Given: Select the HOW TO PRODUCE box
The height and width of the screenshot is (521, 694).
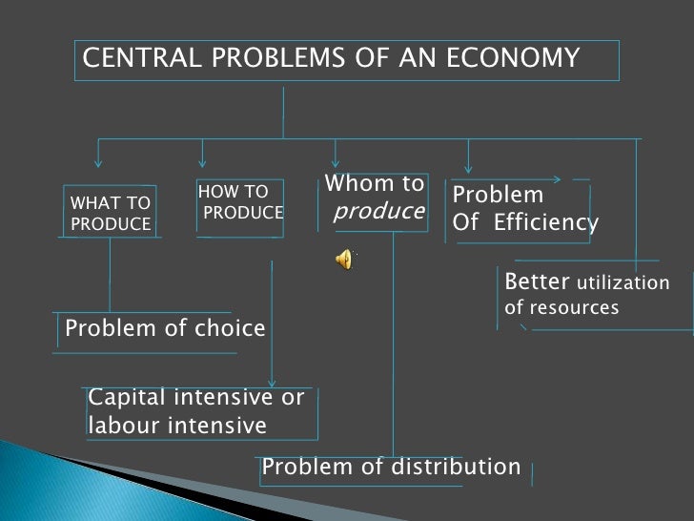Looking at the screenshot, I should click(x=241, y=203).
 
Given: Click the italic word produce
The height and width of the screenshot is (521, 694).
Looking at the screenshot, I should click(x=378, y=211).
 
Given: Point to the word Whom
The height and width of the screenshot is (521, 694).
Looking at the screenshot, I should click(x=351, y=183).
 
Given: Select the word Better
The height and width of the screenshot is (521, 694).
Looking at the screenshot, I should click(x=538, y=282).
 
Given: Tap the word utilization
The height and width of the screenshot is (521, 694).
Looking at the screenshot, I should click(x=623, y=283).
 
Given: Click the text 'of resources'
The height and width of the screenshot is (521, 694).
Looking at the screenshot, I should click(x=561, y=308).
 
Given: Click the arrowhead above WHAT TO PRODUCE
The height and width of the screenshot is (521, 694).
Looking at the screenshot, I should click(x=99, y=163).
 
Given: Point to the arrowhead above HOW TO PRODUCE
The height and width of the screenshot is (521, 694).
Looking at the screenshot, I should click(x=202, y=163).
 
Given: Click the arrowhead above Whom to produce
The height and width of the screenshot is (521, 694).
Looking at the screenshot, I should click(x=336, y=163).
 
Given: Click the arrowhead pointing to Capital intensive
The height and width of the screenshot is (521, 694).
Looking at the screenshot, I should click(x=273, y=380).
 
